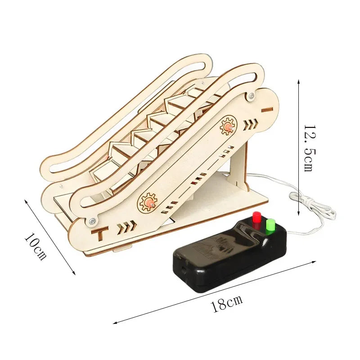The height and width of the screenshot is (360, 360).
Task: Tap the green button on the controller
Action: pyautogui.click(x=270, y=226)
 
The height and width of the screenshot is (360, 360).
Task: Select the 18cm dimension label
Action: pyautogui.click(x=227, y=303)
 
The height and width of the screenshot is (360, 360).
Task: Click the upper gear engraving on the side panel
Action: pyautogui.click(x=228, y=126)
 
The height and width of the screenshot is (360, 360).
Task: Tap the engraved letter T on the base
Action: pyautogui.click(x=100, y=233)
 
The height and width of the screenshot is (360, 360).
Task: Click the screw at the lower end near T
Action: pyautogui.click(x=93, y=221)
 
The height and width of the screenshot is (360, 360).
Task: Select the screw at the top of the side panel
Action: pyautogui.click(x=252, y=95)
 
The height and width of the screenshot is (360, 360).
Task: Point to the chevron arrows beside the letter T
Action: pyautogui.click(x=127, y=228)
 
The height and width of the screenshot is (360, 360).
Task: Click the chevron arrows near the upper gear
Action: pyautogui.click(x=251, y=124)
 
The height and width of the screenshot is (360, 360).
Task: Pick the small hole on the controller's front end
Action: pyautogui.click(x=184, y=269)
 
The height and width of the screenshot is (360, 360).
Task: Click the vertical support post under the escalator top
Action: pyautogui.click(x=239, y=163)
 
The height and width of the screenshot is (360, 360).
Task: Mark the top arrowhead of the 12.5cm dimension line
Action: pyautogui.click(x=298, y=81)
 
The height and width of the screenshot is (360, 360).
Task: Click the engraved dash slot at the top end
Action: pyautogui.click(x=267, y=110)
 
